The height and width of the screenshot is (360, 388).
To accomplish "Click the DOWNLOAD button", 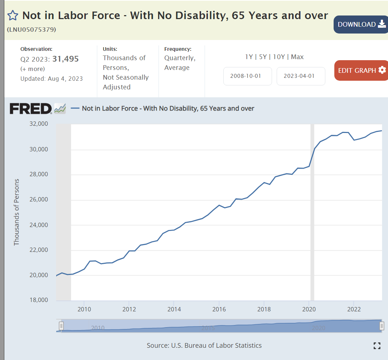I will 361,25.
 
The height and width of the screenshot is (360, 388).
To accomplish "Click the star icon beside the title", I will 13,15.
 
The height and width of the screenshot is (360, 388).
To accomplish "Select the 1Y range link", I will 249,57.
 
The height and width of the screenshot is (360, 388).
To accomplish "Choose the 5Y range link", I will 263,57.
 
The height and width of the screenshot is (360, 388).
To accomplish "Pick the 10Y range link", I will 279,57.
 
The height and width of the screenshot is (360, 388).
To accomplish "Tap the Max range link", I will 297,57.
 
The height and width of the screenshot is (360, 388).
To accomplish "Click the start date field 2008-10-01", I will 247,76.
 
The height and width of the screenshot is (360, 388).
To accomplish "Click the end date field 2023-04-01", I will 301,76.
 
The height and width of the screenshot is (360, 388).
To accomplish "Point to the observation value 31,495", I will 66,59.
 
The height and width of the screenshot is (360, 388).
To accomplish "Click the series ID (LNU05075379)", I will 31,29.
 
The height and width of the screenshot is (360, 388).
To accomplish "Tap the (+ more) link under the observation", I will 33,69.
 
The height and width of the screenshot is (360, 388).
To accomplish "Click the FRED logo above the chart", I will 31,108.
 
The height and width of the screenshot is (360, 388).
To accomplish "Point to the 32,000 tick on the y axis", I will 38,124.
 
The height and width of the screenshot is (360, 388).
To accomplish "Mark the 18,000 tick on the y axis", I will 38,300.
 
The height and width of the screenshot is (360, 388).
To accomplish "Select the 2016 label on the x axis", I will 219,309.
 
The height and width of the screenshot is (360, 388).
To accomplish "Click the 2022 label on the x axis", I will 354,309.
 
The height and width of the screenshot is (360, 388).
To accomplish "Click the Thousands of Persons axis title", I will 17,212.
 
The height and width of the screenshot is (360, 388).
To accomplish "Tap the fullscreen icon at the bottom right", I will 377,346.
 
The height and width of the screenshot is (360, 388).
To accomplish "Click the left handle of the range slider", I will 61,326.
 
